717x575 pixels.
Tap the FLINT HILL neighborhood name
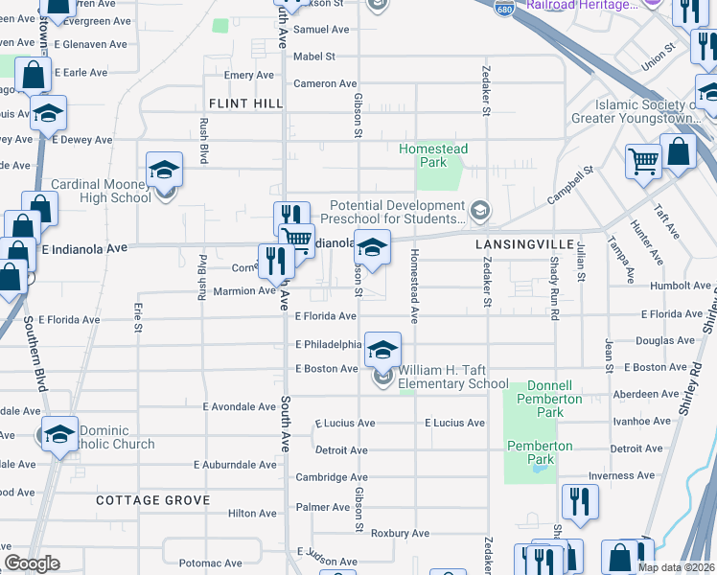pos(241,103)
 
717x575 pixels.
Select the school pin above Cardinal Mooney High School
pos(165,170)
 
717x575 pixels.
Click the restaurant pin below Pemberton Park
pos(580,500)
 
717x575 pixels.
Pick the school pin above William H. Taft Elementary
pos(382,350)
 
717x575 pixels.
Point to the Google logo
pos(32,563)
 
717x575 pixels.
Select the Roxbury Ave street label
pos(400,533)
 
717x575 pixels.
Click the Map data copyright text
pos(675,566)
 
